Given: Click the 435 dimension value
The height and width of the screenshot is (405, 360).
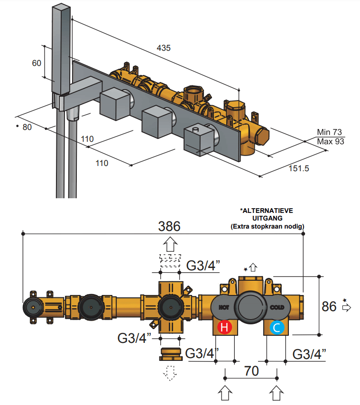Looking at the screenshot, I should coord(164,48).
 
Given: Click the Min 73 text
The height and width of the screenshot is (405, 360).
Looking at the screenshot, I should coord(330,132).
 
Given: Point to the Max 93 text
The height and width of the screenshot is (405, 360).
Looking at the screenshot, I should coord(330,141).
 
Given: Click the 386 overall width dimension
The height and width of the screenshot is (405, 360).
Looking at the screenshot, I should coord(169,226).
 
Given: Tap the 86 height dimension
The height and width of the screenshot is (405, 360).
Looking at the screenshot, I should coord(329,306).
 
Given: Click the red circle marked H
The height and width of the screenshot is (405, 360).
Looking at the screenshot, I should coord(224,327).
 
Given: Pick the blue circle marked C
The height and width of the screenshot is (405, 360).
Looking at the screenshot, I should coord(277,327).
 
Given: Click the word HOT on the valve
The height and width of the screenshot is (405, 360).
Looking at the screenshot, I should coord(224,307).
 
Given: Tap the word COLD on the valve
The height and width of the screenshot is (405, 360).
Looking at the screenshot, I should coord(277,307).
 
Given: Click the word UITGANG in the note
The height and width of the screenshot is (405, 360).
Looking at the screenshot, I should coord(268,218).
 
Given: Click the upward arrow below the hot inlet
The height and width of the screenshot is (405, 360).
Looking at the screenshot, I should coord(225,393).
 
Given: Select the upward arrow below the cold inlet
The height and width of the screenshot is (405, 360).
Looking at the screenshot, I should coord(277,393).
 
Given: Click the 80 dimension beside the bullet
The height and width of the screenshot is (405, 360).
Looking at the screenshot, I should coord(27,127).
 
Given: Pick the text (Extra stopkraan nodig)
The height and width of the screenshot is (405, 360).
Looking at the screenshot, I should coord(268,227).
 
